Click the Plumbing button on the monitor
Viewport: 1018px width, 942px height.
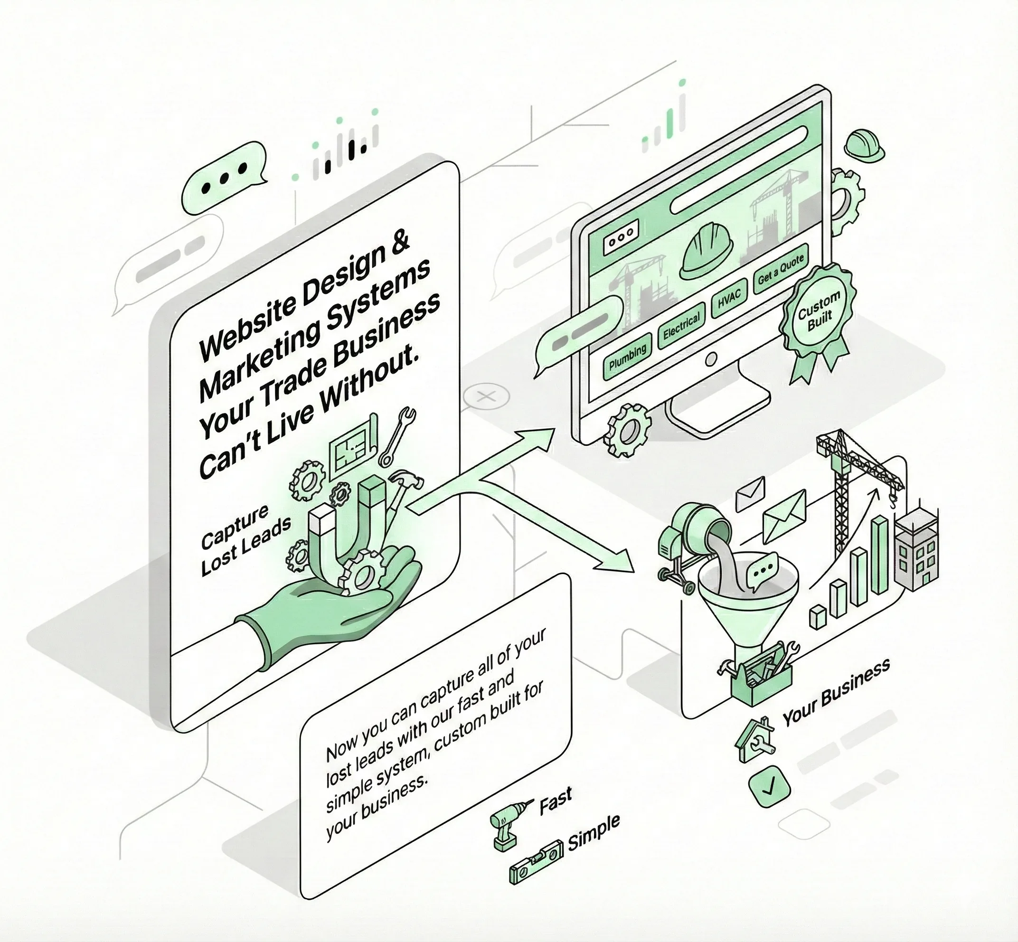click(628, 355)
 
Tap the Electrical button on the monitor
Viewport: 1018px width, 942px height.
click(681, 326)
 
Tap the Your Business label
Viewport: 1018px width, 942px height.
click(836, 693)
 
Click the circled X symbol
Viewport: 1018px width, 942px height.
click(487, 396)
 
